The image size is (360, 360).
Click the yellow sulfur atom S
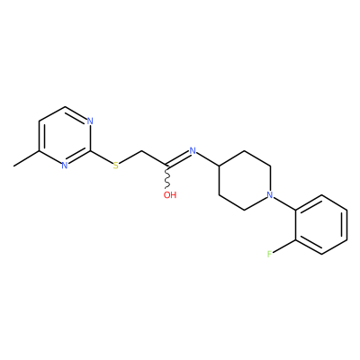click(116, 166)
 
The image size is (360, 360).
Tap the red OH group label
click(170, 195)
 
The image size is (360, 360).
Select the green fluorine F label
click(270, 254)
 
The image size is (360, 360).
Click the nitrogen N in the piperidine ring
click(270, 195)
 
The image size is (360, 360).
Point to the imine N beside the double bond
click(193, 150)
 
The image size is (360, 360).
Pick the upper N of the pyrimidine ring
click(90, 121)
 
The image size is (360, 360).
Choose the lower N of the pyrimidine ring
click(64, 166)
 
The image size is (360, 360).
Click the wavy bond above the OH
click(167, 177)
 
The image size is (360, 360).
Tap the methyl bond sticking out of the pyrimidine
click(26, 158)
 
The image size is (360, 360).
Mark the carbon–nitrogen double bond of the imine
click(178, 158)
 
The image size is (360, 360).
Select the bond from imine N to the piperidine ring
click(208, 158)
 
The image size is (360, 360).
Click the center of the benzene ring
click(322, 225)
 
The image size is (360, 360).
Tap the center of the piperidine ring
click(245, 180)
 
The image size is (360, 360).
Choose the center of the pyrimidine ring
click(65, 136)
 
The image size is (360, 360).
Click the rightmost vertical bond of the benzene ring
click(347, 225)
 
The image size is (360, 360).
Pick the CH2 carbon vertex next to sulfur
click(141, 150)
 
